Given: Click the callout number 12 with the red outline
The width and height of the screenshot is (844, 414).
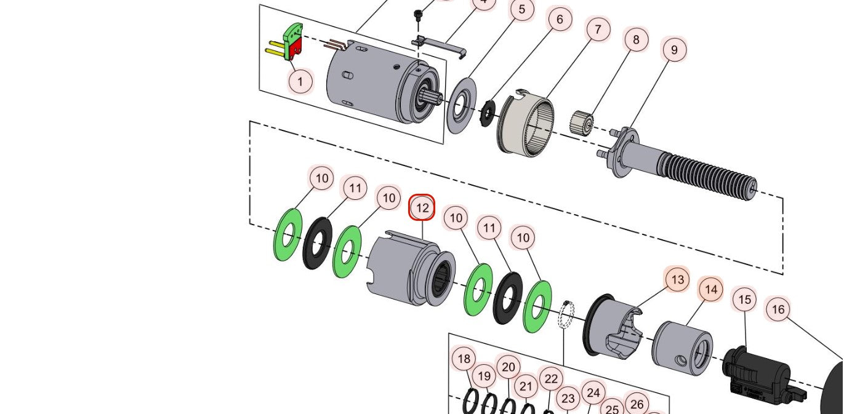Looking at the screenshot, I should pos(422,208).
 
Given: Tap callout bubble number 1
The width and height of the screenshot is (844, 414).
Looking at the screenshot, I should pos(300,81).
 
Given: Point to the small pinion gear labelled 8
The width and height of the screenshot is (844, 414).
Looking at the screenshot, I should pos(581,122).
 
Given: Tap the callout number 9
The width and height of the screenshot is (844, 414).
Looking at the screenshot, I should pos(674,49).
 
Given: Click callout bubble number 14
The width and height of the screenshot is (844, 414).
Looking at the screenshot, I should pos(710,289).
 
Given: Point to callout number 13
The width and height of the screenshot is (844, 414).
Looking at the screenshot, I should pos(677,280).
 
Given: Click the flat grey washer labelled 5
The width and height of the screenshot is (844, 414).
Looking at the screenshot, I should pos(461,105).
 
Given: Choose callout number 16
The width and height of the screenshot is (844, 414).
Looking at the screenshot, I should pos(778,309).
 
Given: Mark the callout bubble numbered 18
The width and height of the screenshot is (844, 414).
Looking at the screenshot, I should pos(464,359).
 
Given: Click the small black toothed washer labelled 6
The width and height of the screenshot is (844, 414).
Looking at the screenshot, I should pos(488,113).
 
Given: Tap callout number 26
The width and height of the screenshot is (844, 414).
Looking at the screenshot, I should pos(637,404).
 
